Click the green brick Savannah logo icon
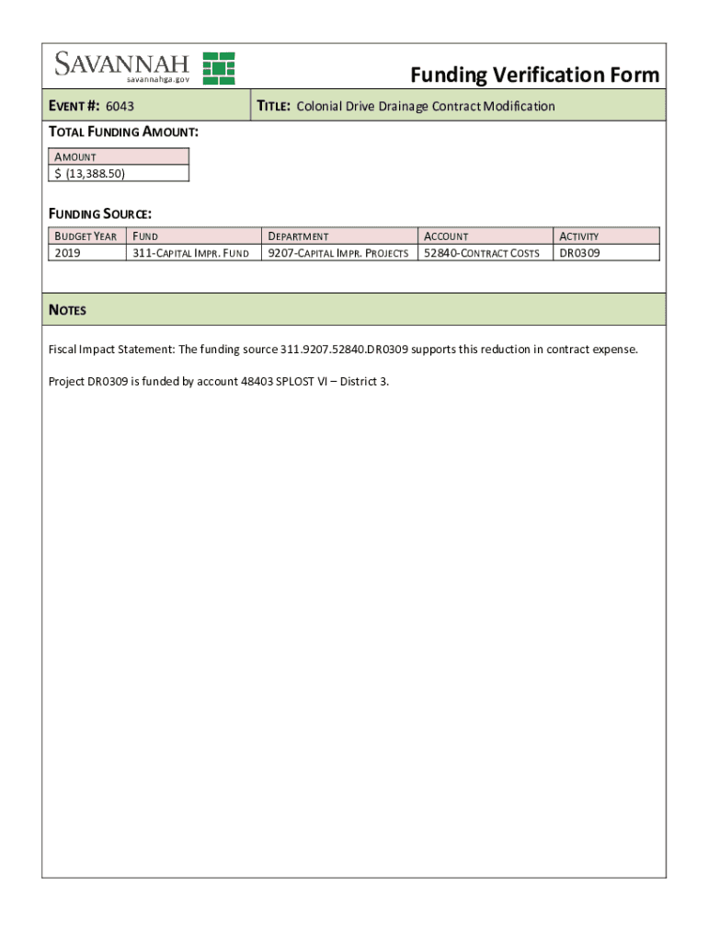click(x=219, y=68)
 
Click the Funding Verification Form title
click(x=534, y=75)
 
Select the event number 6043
click(x=120, y=107)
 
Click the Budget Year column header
click(x=86, y=236)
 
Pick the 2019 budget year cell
click(x=67, y=252)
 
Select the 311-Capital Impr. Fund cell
click(x=190, y=252)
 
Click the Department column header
click(x=298, y=236)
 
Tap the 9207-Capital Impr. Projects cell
click(x=337, y=252)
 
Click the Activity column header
click(x=579, y=236)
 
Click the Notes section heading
click(x=67, y=310)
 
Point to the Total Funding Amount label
click(x=123, y=132)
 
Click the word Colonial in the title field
click(x=319, y=107)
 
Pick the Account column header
click(x=446, y=236)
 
